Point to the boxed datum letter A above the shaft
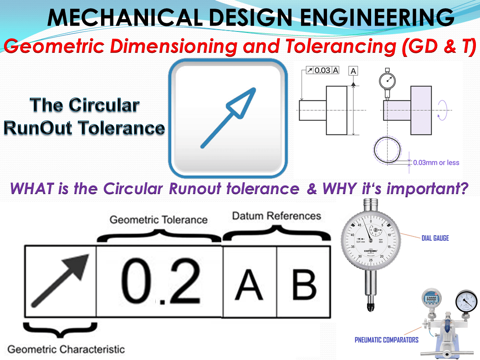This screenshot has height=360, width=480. click(353, 70)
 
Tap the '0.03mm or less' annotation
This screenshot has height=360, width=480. click(436, 163)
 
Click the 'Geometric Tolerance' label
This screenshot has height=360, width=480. click(158, 220)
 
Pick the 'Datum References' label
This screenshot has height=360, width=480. click(276, 216)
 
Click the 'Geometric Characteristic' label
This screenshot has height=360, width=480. click(66, 350)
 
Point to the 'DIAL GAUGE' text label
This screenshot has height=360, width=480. click(435, 238)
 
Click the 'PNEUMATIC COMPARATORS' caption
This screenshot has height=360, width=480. click(387, 339)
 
